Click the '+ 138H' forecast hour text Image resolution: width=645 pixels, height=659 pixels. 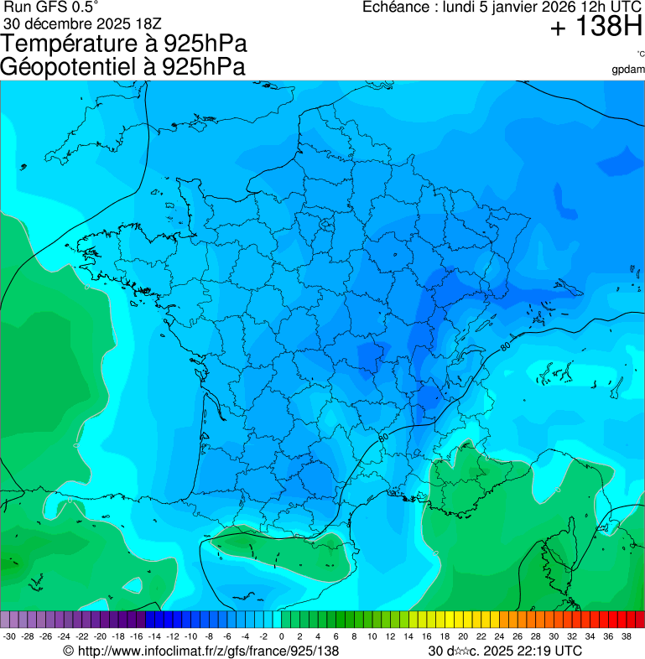(x=596, y=27)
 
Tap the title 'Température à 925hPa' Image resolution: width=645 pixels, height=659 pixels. (x=124, y=44)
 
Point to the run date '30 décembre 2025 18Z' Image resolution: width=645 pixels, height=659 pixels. (x=88, y=23)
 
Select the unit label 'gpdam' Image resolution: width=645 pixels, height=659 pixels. (x=628, y=69)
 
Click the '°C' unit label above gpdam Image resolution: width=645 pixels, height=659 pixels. (x=640, y=54)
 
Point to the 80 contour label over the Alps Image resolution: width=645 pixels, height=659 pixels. (x=505, y=345)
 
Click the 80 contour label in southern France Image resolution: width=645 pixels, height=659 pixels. (x=382, y=437)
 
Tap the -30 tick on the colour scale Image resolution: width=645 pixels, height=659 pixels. (x=9, y=636)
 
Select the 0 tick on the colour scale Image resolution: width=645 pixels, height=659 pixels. (x=281, y=636)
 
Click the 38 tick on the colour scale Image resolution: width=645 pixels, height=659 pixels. (x=627, y=636)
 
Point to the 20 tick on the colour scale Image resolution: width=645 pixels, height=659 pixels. (x=462, y=636)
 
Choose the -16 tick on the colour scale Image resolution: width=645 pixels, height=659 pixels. (x=136, y=636)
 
